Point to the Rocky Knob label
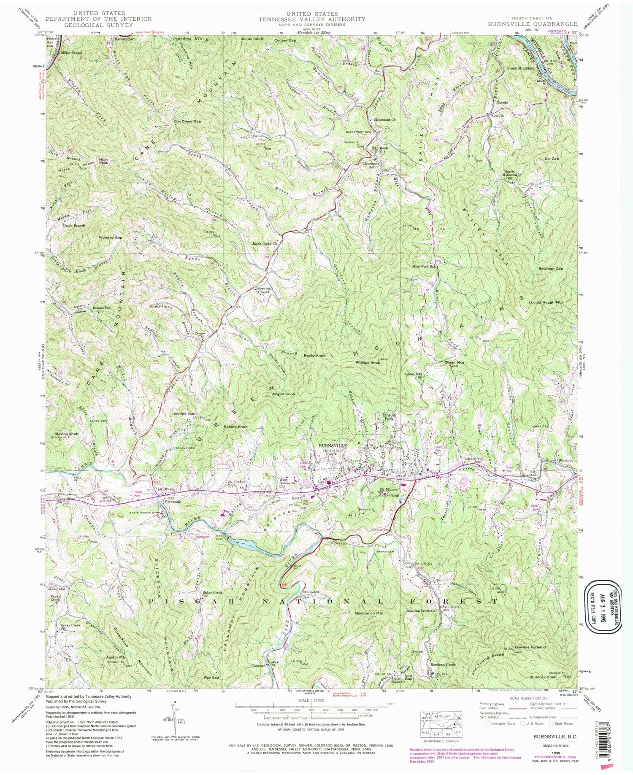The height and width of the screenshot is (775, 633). pos(315,356)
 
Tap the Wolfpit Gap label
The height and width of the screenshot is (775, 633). pos(184,414)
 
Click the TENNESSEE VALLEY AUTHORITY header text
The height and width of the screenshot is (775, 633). pos(312,19)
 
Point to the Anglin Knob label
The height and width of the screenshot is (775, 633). pos(283,394)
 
